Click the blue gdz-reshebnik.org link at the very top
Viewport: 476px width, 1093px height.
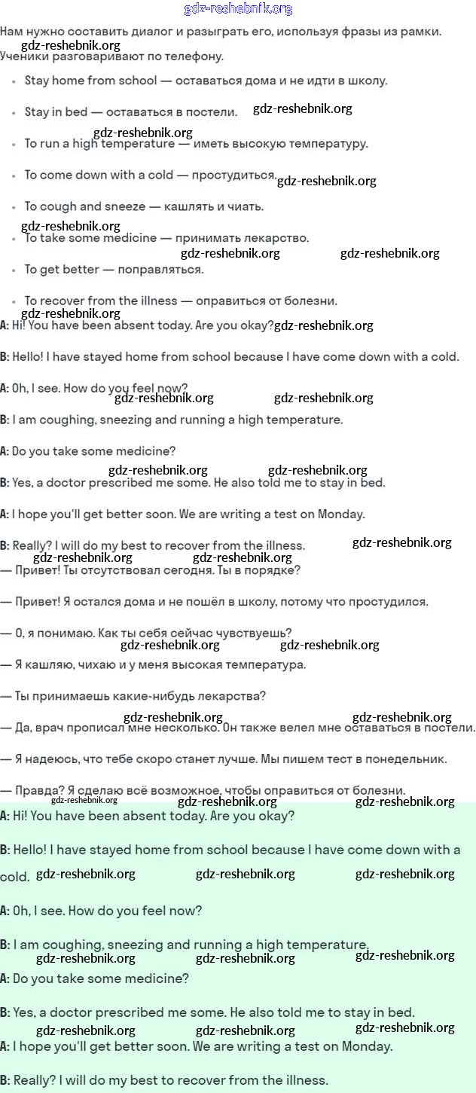click(238, 9)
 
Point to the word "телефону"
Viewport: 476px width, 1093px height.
click(197, 56)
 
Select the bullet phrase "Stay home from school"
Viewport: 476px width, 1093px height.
click(91, 81)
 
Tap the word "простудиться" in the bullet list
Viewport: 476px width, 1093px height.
click(234, 175)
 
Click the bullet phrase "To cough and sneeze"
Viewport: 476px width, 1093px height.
click(85, 206)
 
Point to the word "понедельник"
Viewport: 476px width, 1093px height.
click(407, 759)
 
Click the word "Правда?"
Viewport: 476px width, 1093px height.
click(39, 791)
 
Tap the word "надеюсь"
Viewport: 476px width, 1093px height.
click(50, 759)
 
